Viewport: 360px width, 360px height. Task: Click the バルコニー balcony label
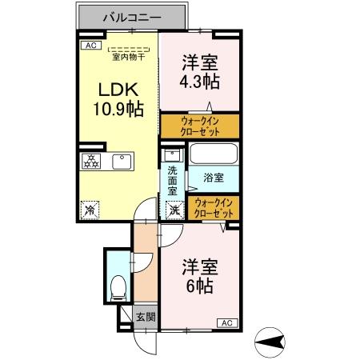133,16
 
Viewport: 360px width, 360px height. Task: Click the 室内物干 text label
129,56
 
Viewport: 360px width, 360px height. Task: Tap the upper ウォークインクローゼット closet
200,126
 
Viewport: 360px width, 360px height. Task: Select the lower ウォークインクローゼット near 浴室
214,209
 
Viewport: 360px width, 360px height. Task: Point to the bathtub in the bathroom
214,155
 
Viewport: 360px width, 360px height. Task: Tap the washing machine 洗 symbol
173,210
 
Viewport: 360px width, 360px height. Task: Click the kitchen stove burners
90,161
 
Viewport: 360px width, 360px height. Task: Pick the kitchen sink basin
122,161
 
